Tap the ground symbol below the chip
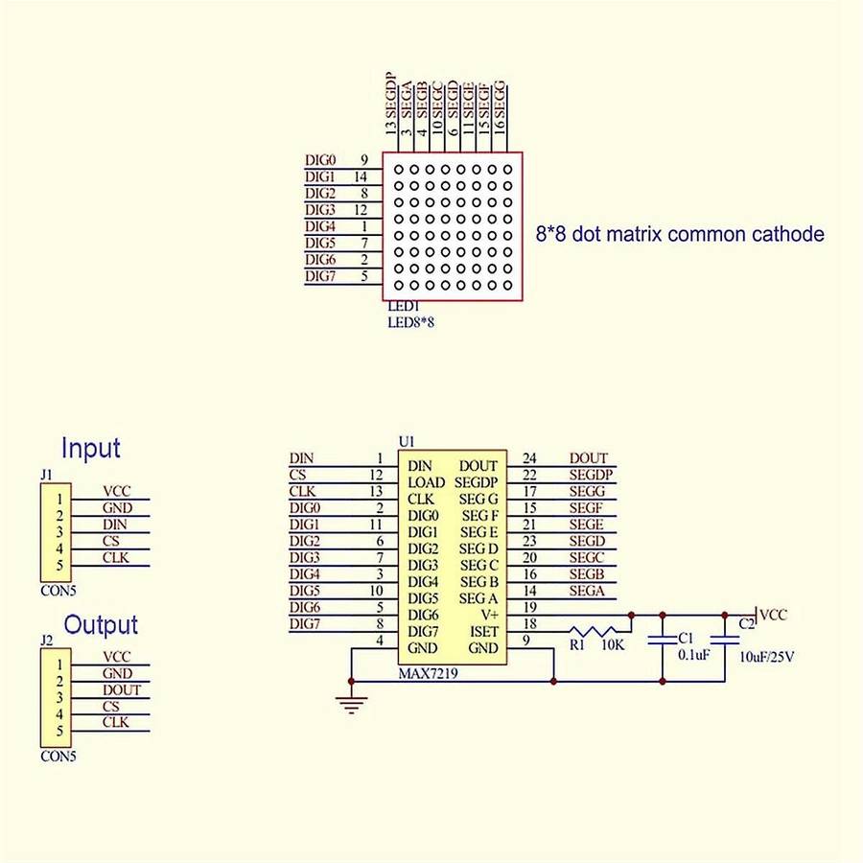pyautogui.click(x=352, y=705)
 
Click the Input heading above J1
pyautogui.click(x=91, y=448)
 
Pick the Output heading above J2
pyautogui.click(x=101, y=624)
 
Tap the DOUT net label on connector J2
pyautogui.click(x=121, y=690)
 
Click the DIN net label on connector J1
pyautogui.click(x=114, y=525)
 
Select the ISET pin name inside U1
pyautogui.click(x=483, y=632)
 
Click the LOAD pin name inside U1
pyautogui.click(x=427, y=482)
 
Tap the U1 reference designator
pyautogui.click(x=407, y=442)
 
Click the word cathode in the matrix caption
pyautogui.click(x=790, y=233)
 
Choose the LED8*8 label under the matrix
pyautogui.click(x=410, y=323)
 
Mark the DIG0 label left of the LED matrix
pyautogui.click(x=319, y=160)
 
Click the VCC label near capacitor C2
pyautogui.click(x=774, y=615)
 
